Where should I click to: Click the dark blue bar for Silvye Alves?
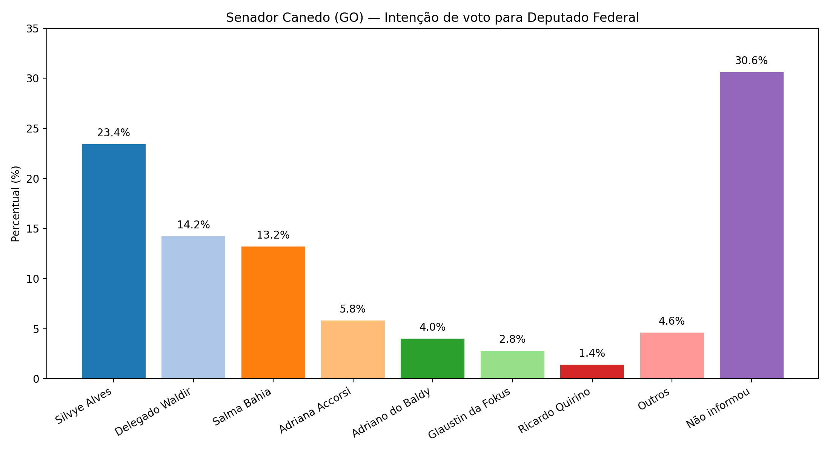[114, 261]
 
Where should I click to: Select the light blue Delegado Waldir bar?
[193, 307]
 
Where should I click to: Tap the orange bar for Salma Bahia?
[273, 312]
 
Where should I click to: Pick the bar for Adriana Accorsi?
[353, 349]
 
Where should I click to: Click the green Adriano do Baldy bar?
[432, 358]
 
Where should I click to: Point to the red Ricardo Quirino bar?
[592, 371]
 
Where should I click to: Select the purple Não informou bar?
[752, 225]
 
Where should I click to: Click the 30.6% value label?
[751, 61]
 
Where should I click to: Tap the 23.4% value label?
[114, 133]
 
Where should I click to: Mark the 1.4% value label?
[592, 353]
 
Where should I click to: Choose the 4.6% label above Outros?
[672, 321]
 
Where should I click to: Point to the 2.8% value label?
[512, 339]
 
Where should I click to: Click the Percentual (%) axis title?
[15, 203]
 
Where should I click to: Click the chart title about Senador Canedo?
[432, 18]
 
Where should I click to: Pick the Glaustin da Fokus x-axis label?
[470, 413]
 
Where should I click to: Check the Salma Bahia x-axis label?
[242, 407]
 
